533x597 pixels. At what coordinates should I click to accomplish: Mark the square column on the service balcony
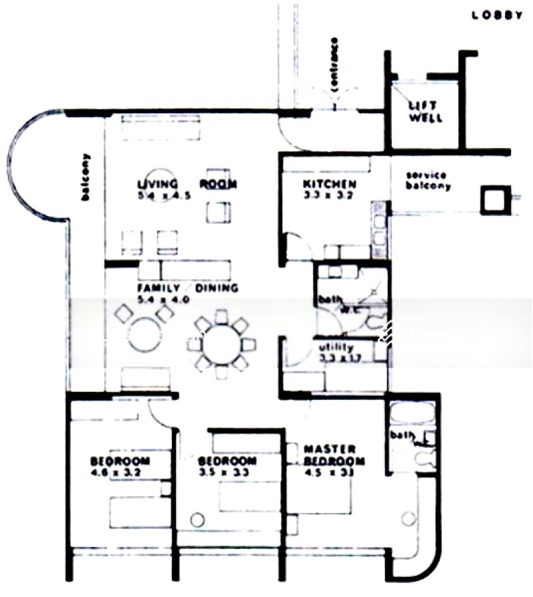494,199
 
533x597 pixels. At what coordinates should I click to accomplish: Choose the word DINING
216,289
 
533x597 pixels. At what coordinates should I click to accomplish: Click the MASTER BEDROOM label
334,455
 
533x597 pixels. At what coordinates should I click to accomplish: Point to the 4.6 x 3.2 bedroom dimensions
119,472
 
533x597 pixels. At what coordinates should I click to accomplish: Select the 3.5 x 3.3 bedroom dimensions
227,472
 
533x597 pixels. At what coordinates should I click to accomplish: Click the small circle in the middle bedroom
197,519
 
